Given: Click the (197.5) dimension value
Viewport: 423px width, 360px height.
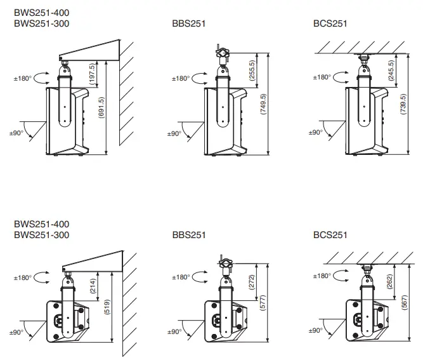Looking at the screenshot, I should tap(93, 75).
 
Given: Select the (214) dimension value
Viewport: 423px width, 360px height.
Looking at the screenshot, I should tap(94, 287).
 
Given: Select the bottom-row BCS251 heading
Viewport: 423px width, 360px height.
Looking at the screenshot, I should tap(330, 235).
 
